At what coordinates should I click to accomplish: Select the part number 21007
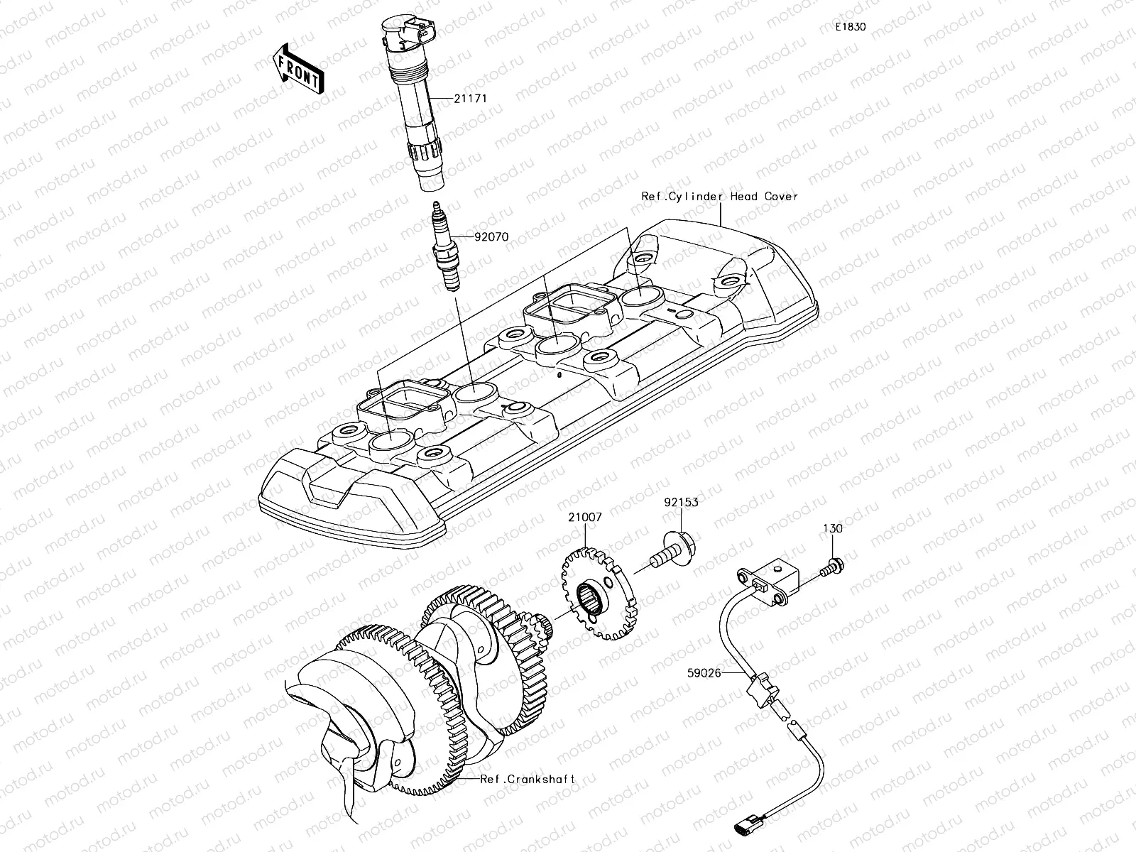click(584, 518)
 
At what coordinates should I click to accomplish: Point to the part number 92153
click(681, 502)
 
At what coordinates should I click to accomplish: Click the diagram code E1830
click(850, 27)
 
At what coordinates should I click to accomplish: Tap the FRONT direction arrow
click(298, 70)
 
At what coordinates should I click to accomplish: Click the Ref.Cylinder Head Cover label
click(719, 197)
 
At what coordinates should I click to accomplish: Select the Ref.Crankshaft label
click(527, 779)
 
